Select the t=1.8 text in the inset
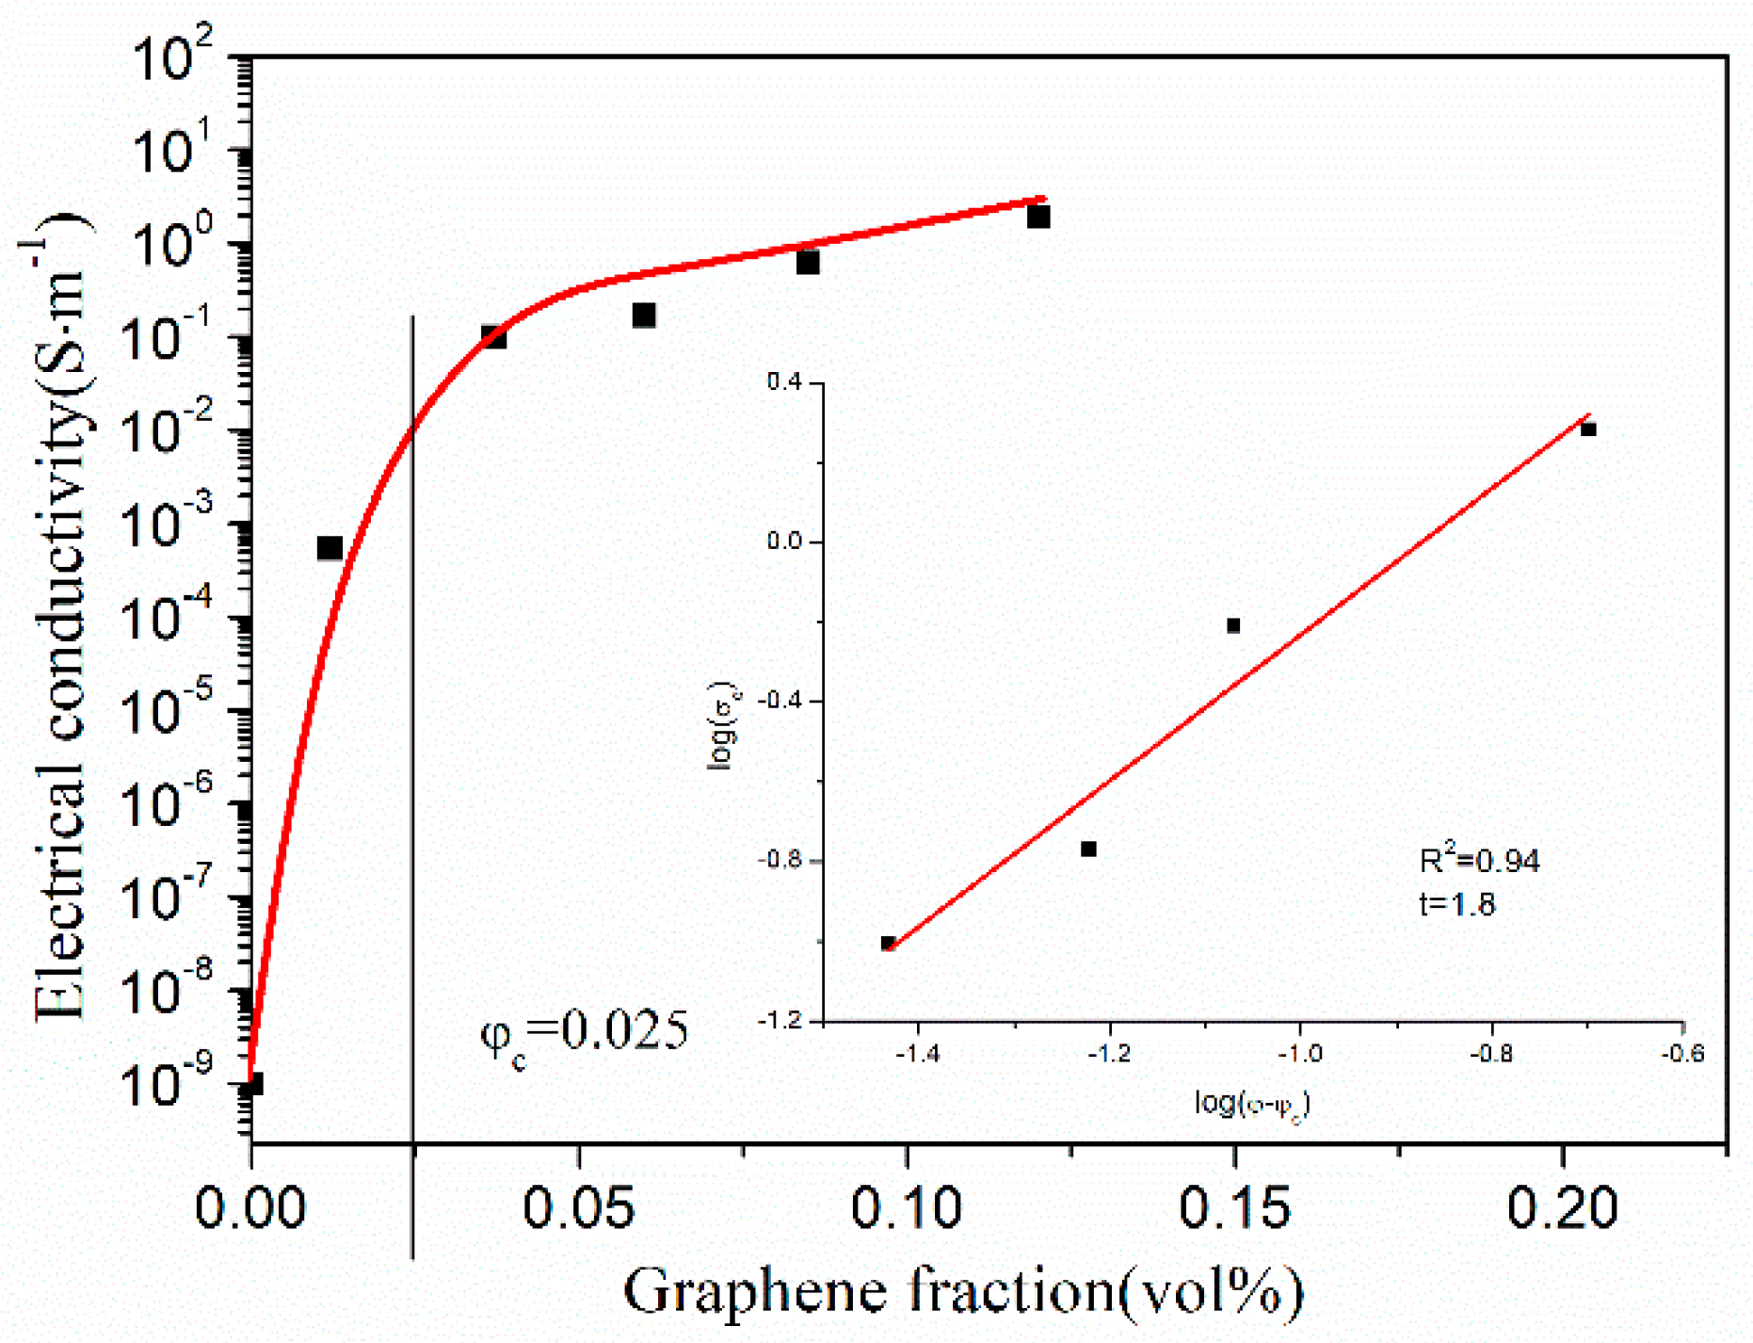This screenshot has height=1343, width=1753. pos(1456,904)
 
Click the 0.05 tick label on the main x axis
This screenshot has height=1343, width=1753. pos(578,1208)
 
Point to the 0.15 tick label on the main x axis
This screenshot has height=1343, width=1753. pos(1233,1208)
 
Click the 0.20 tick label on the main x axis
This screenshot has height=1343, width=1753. pos(1562,1208)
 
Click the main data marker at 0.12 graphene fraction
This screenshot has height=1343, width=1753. pos(1038,217)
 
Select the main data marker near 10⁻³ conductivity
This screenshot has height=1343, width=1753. pos(330,548)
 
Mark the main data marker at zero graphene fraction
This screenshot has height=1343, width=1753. pos(252,1084)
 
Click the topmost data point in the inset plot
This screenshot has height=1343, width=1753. pos(1589,429)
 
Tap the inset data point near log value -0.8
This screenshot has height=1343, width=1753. pos(1089,849)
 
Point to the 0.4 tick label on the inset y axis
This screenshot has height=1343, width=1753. pos(783,382)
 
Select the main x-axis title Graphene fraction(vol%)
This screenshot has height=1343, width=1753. pos(962,1291)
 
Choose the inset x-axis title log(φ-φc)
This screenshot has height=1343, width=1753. pos(1251,1103)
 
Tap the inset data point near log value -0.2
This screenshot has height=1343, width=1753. pos(1234,625)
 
